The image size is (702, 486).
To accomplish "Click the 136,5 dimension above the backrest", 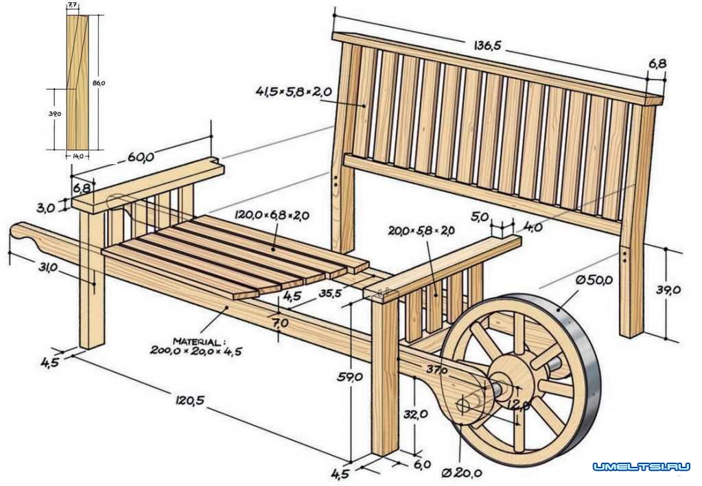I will tap(487, 46).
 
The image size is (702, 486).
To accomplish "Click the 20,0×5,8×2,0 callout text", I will tap(420, 231).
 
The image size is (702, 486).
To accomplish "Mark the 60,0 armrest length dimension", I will tap(140, 157).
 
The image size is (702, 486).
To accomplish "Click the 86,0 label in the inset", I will tap(98, 83).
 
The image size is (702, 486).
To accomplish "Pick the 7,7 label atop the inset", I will tap(72, 5).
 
